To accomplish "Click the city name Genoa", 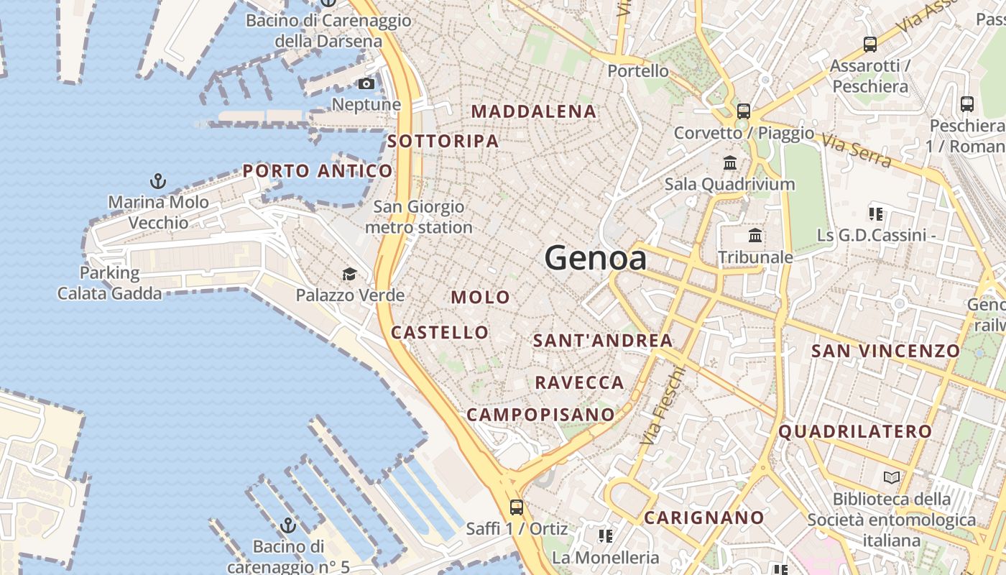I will pos(595,257).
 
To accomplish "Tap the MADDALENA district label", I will pos(534,111).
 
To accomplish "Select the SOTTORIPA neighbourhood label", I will pos(443,141).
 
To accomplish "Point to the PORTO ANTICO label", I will pos(318,171).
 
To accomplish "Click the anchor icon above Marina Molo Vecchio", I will pos(157,180).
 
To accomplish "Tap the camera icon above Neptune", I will pos(366,84).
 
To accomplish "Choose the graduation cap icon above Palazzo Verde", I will pos(349,274).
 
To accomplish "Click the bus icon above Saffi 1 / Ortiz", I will pos(516,507).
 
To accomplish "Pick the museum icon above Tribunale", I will pos(755,235).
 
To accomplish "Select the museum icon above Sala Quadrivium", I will pos(730,162).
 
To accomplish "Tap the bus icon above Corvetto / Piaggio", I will pos(744,111).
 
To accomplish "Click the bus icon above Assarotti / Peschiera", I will pos(869,45).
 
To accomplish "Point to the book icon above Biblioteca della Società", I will pos(892,477).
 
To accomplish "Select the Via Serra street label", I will pos(856,152).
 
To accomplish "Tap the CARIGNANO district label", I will pos(703,517).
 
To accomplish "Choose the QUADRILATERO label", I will pos(855,432).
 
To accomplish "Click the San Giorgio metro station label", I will pos(419,217).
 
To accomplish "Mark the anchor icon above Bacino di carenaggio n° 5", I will pos(288,525).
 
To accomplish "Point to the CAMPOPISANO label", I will pos(540,415).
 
